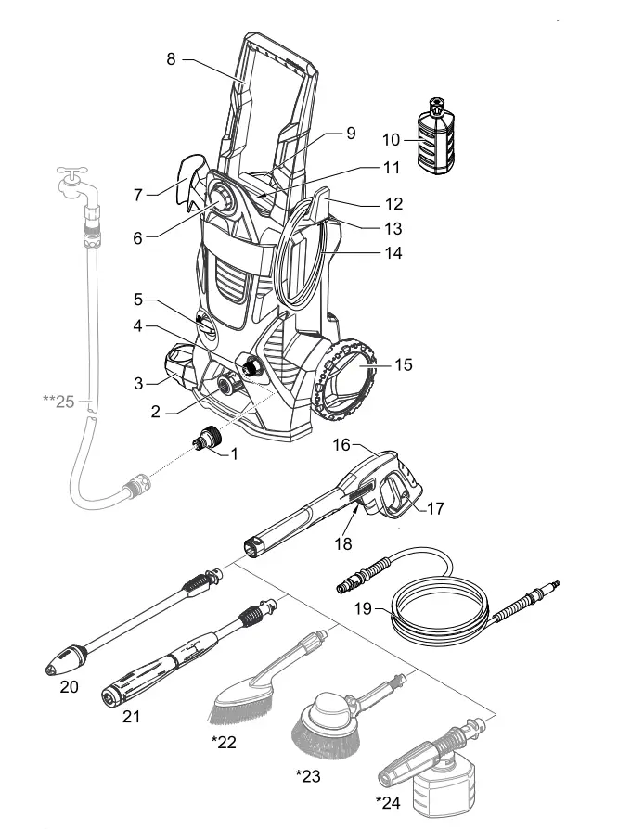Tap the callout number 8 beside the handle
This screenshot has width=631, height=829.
(171, 59)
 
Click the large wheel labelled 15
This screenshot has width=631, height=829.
(348, 377)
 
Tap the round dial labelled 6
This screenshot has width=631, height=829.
(224, 198)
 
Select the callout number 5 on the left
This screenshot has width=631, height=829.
(137, 300)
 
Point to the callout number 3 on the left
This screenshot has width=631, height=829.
(138, 381)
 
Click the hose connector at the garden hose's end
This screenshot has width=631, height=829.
(134, 483)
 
